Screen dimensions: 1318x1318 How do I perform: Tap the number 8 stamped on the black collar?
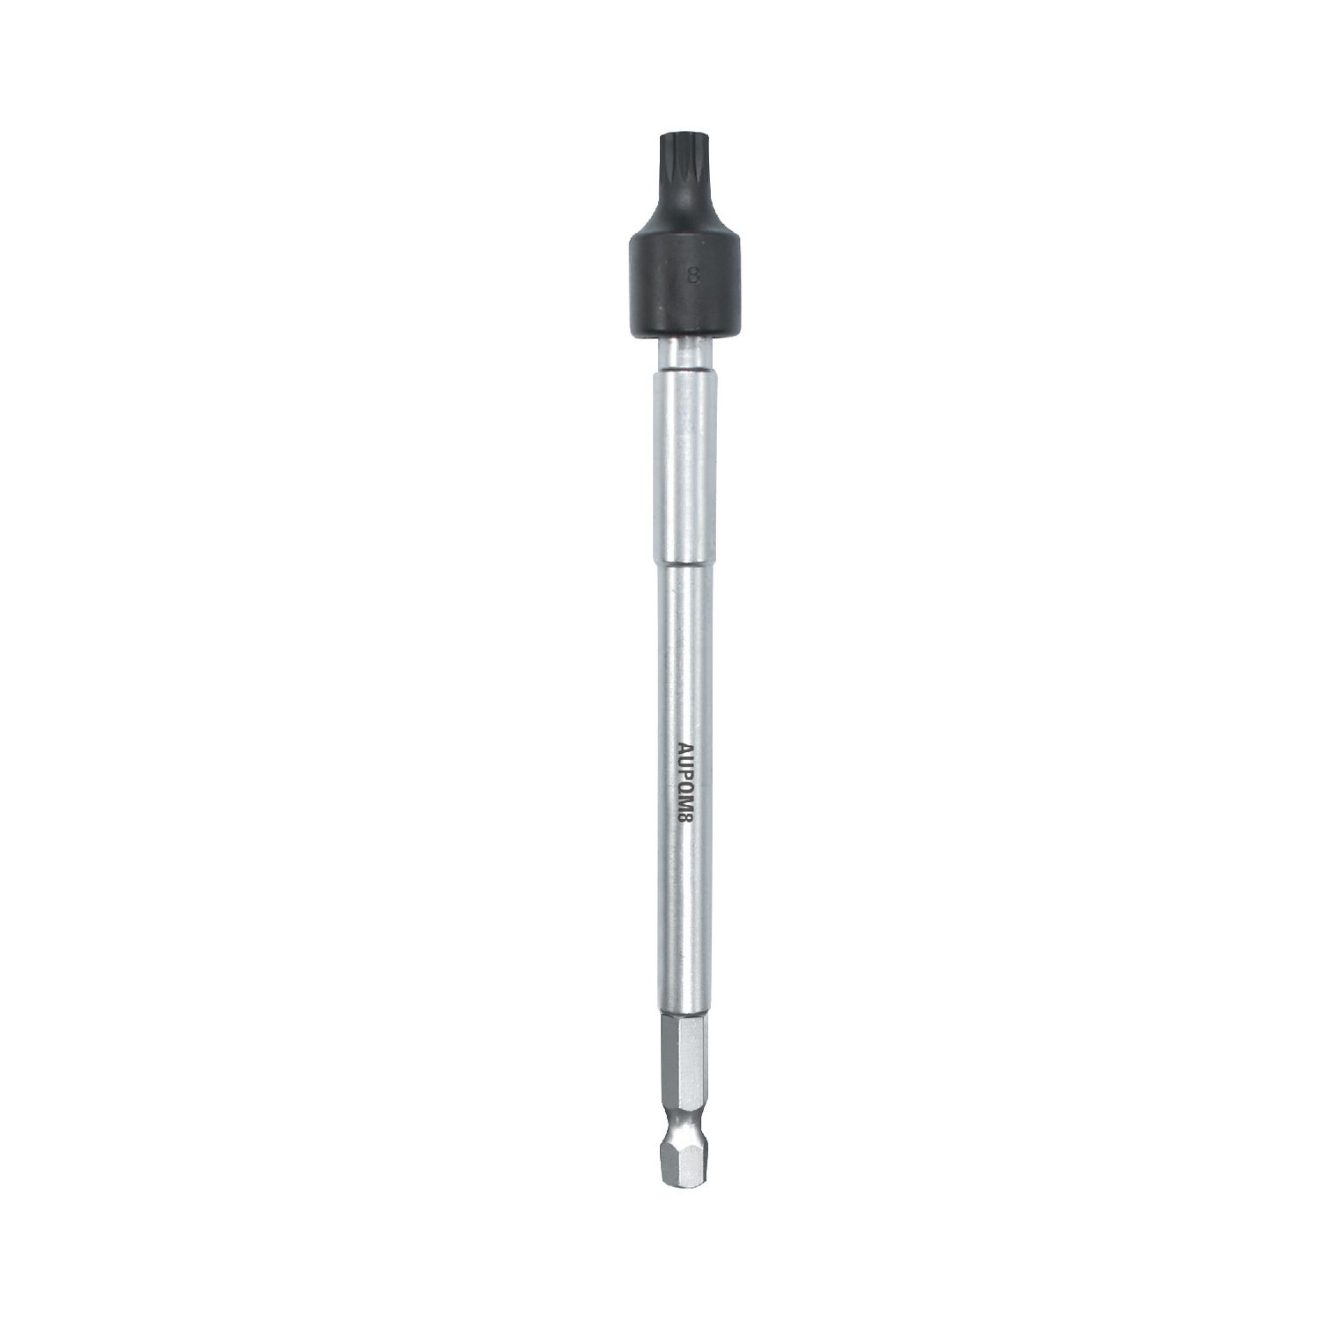pyautogui.click(x=692, y=275)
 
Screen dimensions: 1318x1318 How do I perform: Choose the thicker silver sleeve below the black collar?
pyautogui.click(x=680, y=466)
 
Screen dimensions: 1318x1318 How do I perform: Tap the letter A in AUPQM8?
pyautogui.click(x=684, y=750)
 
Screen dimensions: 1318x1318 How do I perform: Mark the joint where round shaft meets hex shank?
pyautogui.click(x=683, y=1018)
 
